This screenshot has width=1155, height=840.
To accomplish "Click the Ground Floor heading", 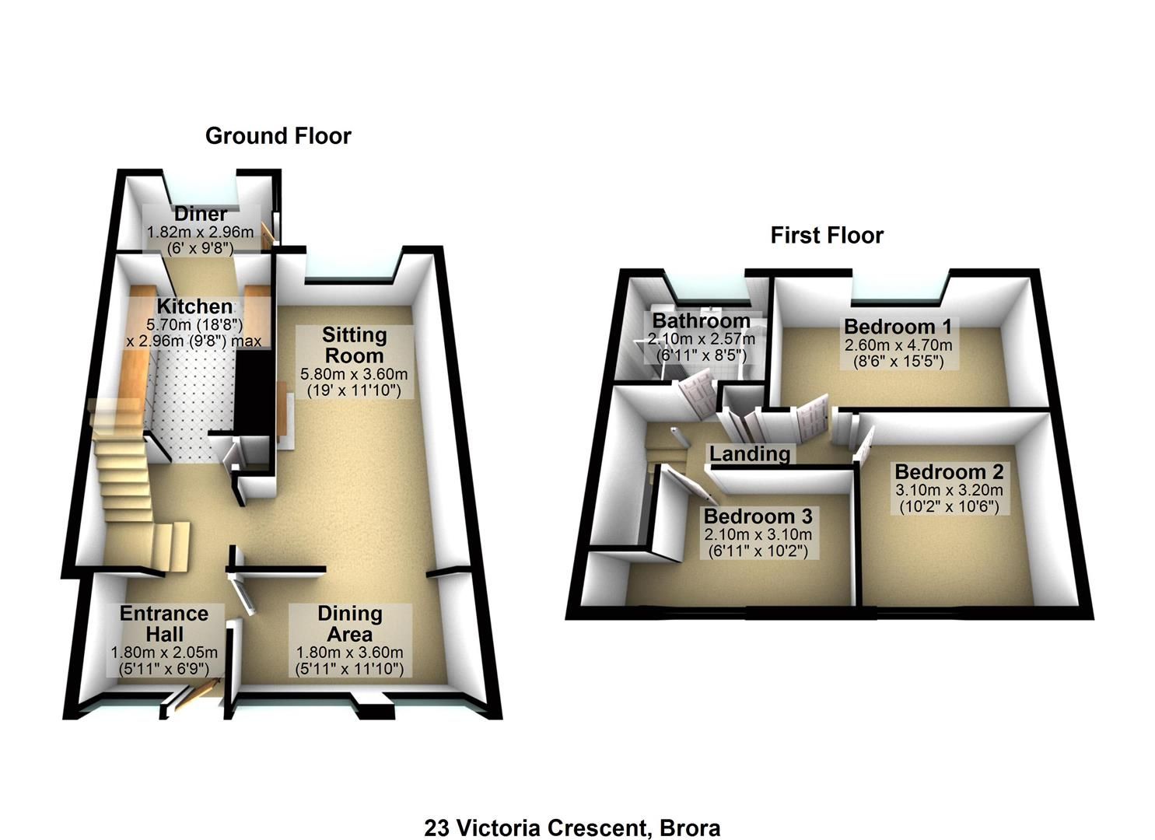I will coord(278,136).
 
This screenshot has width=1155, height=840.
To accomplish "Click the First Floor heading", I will coord(827,236).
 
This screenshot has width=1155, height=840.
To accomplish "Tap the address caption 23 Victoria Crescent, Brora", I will coord(572,828).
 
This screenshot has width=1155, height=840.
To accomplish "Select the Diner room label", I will coord(201,214).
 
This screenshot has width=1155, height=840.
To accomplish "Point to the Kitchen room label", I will coord(194,306).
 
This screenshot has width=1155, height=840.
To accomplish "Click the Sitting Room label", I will coord(354,345).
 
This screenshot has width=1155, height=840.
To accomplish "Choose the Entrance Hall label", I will coord(163,623).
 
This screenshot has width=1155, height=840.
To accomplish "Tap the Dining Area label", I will coord(349,623).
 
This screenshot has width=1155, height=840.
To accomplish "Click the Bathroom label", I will coord(701,320).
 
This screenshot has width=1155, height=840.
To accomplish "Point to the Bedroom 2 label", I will coord(949,472).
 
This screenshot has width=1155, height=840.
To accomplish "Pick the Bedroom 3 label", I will coord(758,516).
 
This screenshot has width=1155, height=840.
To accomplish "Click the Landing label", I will coord(749,453).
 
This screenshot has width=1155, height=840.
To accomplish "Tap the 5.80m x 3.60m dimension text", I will coord(354,374).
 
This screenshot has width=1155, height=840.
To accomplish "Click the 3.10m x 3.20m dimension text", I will coord(949,490).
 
